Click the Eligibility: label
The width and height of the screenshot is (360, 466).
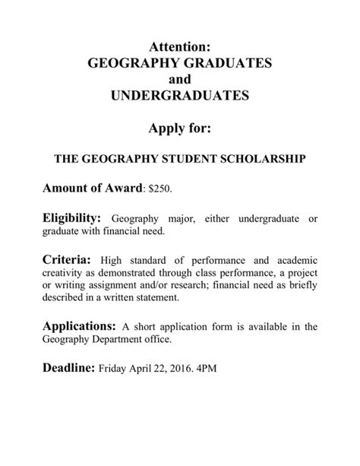pyautogui.click(x=71, y=218)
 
